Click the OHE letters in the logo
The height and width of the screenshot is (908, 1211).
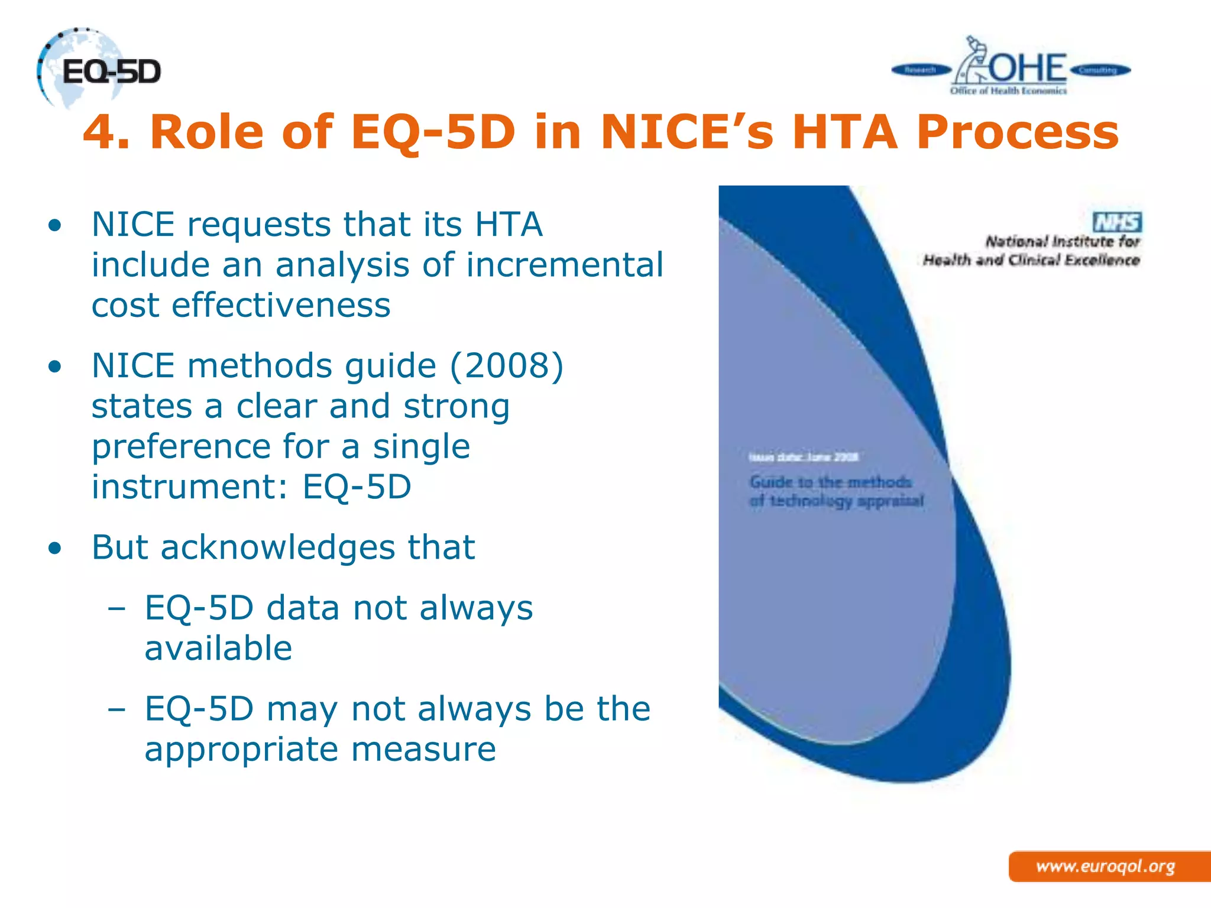tap(1028, 68)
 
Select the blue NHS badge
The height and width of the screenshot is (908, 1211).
tap(1117, 222)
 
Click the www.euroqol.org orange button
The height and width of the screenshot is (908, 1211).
tap(1106, 867)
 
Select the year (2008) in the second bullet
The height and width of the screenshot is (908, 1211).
tap(507, 366)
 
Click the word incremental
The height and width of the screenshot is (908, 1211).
tap(565, 265)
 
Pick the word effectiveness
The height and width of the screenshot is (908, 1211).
tap(281, 306)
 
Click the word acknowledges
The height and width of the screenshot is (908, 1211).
tap(278, 547)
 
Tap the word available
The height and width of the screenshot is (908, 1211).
tap(218, 648)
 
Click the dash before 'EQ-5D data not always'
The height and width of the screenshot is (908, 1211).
tap(116, 608)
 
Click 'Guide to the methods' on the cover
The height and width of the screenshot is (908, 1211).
tap(830, 482)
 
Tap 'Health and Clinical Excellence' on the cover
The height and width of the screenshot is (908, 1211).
tap(1031, 260)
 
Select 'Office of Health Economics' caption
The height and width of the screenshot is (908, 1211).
tap(1008, 90)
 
